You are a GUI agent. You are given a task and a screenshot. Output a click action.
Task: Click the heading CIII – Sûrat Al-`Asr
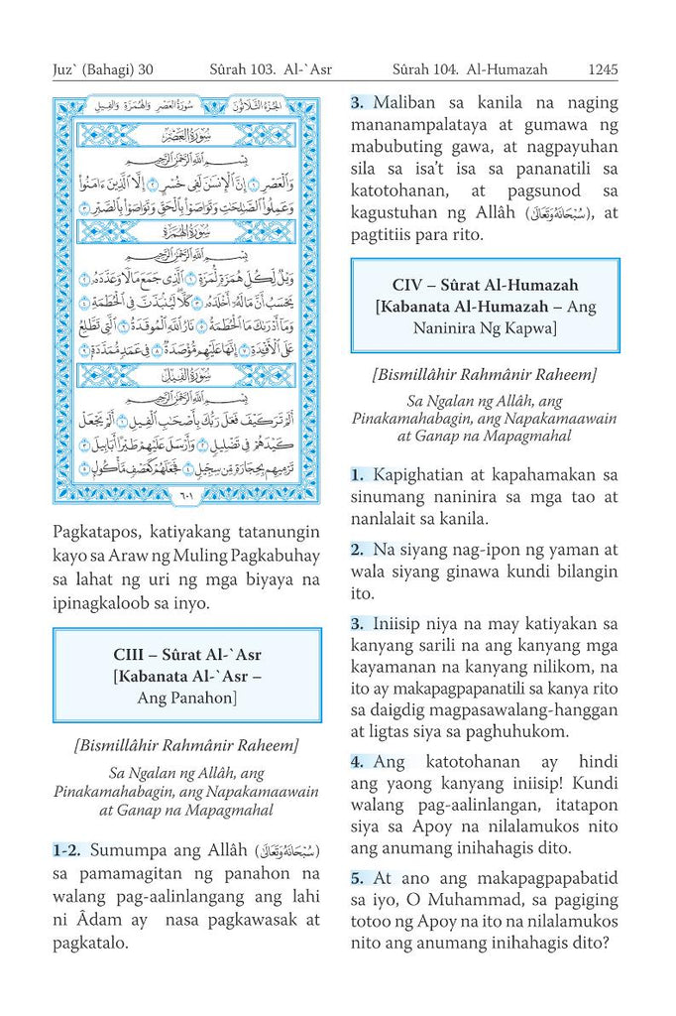tap(187, 655)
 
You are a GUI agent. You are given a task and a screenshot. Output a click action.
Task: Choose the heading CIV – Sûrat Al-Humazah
tap(485, 286)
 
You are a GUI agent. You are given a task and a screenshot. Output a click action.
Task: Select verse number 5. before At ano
tap(358, 878)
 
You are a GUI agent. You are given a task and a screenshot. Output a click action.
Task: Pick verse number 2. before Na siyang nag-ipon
tap(358, 549)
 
